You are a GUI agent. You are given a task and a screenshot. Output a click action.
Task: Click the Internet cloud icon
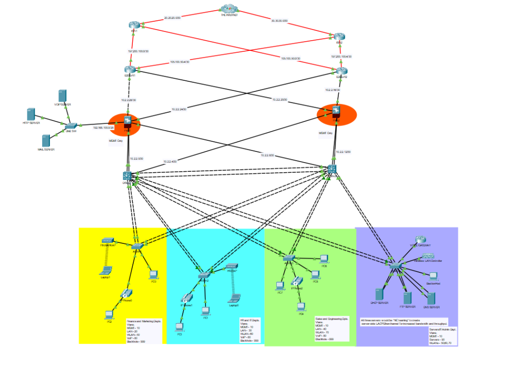(230, 9)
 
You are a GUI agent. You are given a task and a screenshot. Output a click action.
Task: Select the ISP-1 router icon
(134, 25)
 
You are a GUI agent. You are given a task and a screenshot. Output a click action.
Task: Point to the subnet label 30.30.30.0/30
(279, 21)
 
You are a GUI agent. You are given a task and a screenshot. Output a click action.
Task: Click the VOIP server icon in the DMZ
(63, 96)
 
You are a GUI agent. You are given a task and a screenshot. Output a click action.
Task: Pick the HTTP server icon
(31, 114)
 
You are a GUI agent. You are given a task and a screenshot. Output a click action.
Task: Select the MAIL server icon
(46, 141)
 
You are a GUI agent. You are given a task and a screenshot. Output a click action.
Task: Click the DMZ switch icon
(70, 126)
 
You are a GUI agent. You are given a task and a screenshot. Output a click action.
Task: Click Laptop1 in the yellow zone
(106, 270)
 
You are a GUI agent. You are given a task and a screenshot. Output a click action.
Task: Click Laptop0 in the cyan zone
(235, 298)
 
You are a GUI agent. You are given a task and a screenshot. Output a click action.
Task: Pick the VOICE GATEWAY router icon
(420, 239)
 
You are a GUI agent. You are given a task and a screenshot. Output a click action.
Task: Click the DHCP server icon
(378, 295)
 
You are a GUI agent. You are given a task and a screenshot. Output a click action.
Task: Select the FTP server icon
(407, 298)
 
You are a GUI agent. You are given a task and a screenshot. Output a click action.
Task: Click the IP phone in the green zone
(295, 282)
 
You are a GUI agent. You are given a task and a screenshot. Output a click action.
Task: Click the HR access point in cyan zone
(232, 266)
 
